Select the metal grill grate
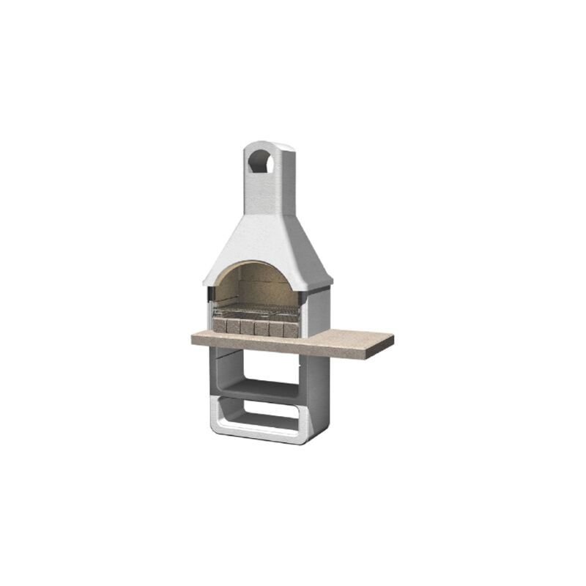[256, 312]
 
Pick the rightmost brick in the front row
[291, 330]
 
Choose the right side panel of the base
[317, 396]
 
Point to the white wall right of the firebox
[314, 311]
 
